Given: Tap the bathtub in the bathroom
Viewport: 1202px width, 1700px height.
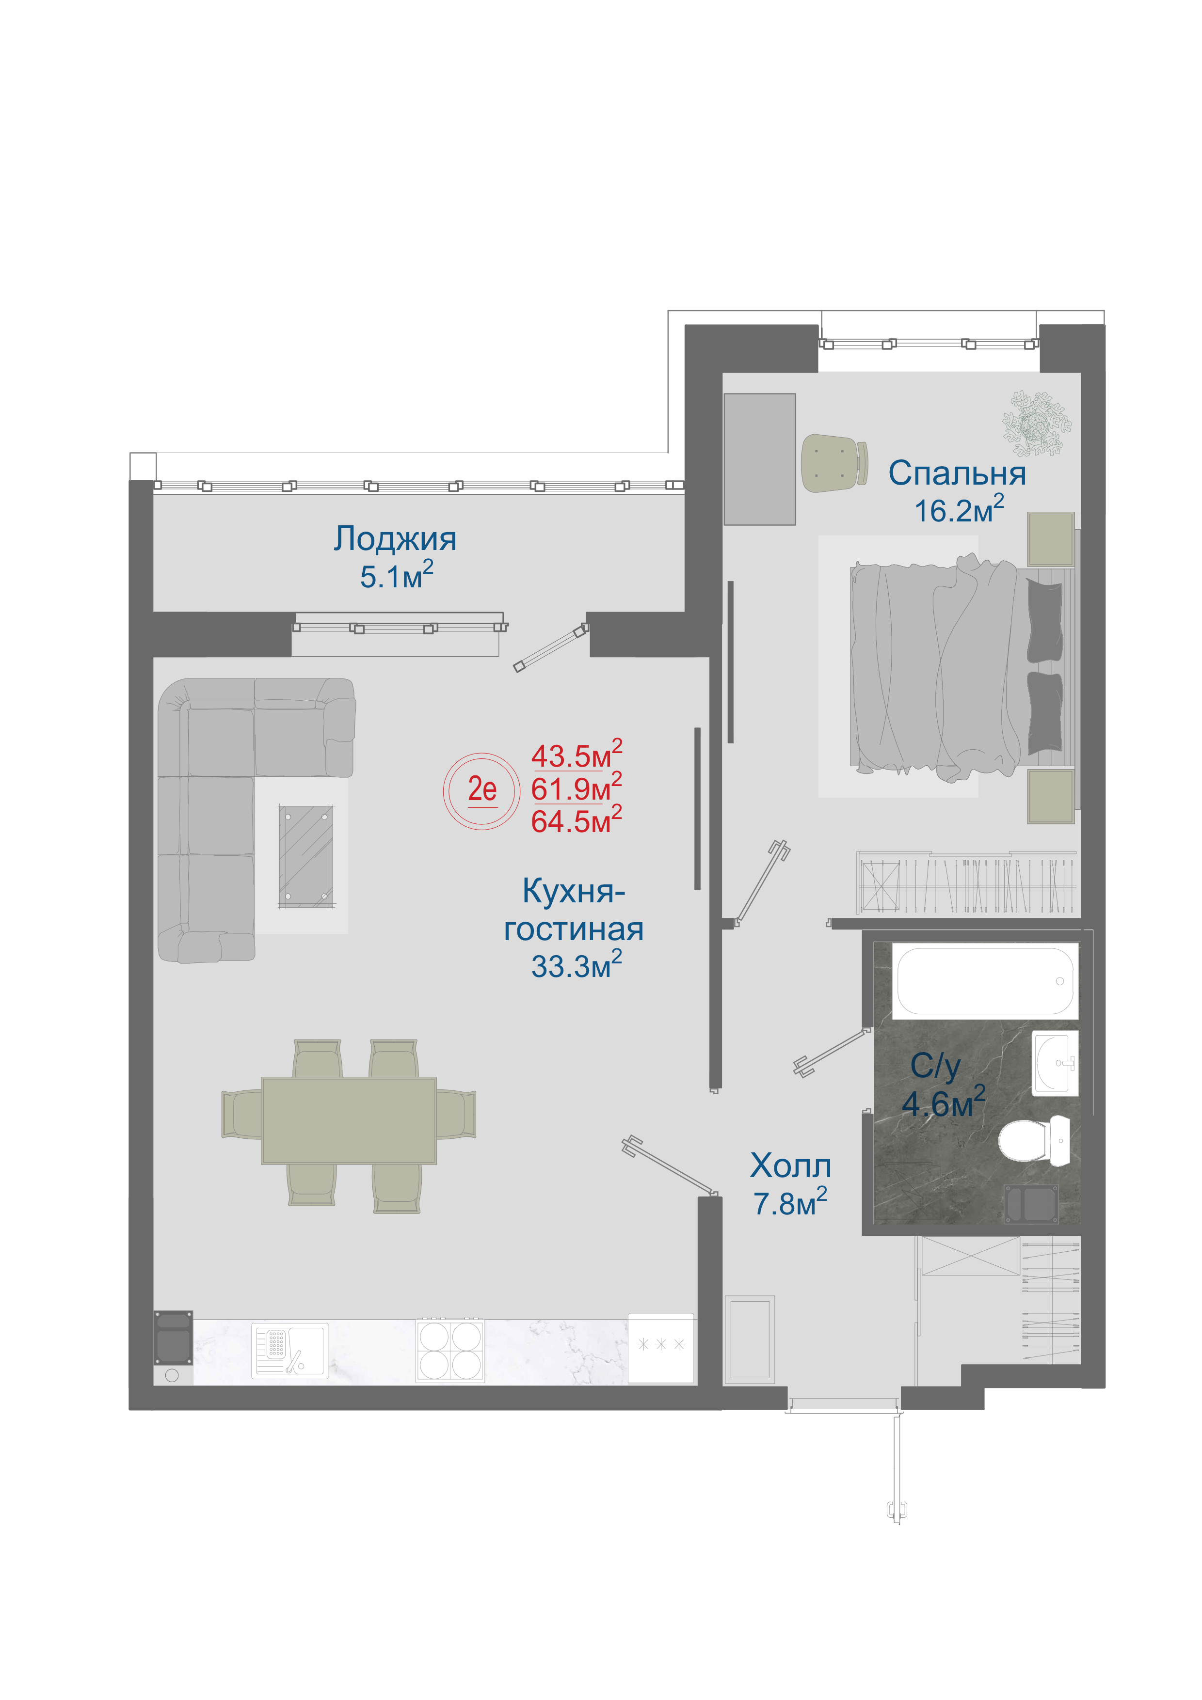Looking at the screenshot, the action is [984, 980].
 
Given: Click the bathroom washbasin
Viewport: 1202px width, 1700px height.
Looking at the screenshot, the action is [1055, 1062].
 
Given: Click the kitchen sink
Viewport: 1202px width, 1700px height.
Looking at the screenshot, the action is [289, 1351].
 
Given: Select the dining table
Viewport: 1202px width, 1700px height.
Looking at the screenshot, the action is [348, 1120].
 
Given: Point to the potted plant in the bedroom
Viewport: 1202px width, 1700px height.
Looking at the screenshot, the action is [1037, 424].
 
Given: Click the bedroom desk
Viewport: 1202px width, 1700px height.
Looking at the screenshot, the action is [759, 459].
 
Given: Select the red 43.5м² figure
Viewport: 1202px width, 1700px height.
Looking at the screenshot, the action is [576, 755].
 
